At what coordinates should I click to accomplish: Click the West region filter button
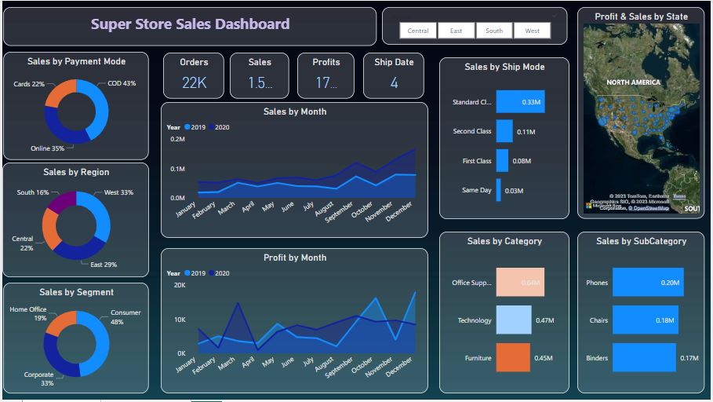click(x=532, y=31)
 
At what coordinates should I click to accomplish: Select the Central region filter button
click(x=418, y=31)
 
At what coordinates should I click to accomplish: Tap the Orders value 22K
click(x=194, y=82)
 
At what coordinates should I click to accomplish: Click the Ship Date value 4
click(x=394, y=82)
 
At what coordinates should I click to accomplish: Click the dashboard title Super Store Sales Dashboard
click(x=190, y=24)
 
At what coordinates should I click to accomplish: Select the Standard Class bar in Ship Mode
click(x=519, y=102)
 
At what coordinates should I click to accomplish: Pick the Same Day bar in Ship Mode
click(x=498, y=190)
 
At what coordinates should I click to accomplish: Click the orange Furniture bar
click(x=513, y=358)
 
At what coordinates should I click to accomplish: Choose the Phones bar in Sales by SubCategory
click(x=647, y=283)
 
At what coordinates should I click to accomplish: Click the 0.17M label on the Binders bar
click(x=689, y=358)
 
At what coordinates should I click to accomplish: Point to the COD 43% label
click(x=121, y=83)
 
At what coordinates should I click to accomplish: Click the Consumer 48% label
click(x=126, y=317)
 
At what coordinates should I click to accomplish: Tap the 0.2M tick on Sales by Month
click(x=177, y=139)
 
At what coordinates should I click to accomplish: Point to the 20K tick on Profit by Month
click(x=179, y=286)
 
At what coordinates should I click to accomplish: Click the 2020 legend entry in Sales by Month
click(x=219, y=127)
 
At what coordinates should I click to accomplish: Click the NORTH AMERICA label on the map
click(x=633, y=82)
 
